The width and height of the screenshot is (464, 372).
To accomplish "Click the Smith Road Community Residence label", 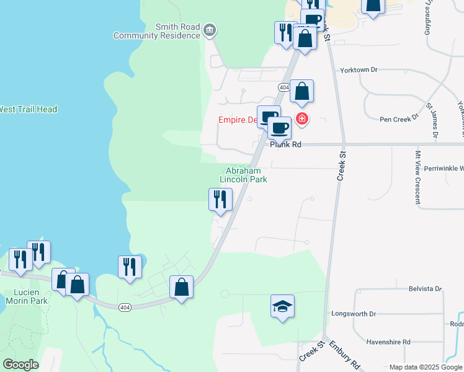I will click(x=157, y=31).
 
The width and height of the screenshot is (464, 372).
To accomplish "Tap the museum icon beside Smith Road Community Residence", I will click(x=210, y=30).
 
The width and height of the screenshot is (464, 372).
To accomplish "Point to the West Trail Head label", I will click(x=28, y=109).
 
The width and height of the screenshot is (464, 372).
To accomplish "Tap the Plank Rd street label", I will click(x=286, y=144).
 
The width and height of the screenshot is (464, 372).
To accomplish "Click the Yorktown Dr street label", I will click(x=359, y=70).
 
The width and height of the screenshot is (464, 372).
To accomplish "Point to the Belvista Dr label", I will click(x=425, y=289).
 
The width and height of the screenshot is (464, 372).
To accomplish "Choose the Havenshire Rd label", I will click(x=388, y=342).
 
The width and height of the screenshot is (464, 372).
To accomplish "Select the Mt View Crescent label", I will click(x=417, y=177).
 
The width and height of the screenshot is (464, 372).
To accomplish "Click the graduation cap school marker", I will click(x=282, y=306).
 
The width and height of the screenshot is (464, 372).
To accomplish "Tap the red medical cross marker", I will click(x=302, y=118).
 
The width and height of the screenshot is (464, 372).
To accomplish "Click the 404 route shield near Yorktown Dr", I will click(x=283, y=87).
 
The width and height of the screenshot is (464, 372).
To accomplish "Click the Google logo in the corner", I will click(x=20, y=365).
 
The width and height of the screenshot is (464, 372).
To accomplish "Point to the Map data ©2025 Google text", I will click(x=426, y=367).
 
